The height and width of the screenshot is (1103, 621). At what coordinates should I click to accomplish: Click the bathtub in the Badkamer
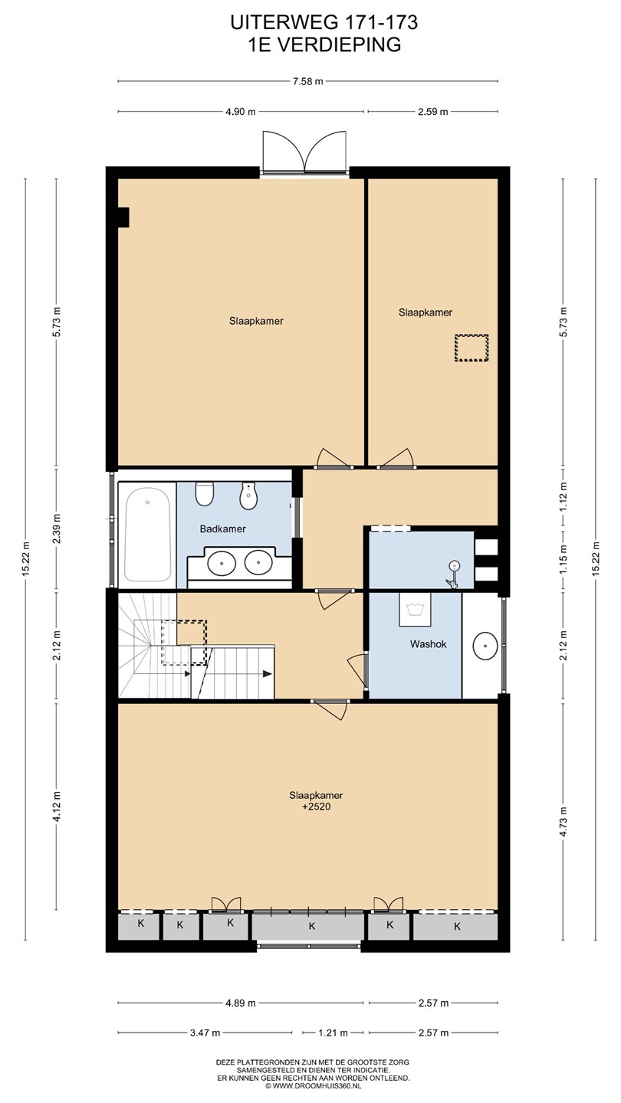point(147,535)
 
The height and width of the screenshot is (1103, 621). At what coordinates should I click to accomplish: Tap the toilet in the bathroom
point(204,493)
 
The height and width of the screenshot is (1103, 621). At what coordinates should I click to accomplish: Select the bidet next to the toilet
point(248,496)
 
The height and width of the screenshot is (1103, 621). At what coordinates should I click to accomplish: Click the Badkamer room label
point(223,529)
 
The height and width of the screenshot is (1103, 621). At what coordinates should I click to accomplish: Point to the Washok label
point(429,644)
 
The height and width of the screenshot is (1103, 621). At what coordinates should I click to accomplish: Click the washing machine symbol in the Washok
point(415,609)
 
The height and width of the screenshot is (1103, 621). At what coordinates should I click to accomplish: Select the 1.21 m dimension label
point(333,1033)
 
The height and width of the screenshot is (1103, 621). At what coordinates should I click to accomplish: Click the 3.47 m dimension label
point(205,1033)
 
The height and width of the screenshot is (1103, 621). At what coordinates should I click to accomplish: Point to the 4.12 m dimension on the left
point(58,806)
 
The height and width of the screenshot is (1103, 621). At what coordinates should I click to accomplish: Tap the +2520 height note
point(317,807)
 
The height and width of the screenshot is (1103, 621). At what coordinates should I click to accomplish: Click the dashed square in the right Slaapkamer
point(472,348)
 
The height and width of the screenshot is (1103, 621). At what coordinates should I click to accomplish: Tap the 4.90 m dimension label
point(241,112)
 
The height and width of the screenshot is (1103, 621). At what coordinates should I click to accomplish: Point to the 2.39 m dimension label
point(58,529)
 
